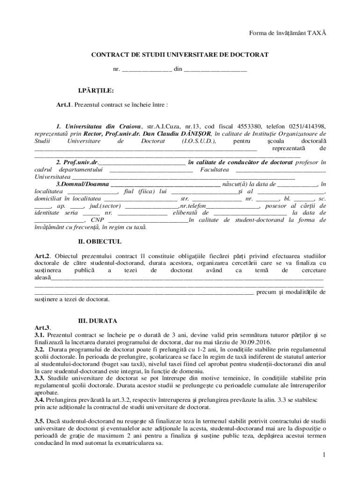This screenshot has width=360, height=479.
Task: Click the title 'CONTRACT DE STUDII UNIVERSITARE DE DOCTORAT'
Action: [x=180, y=55]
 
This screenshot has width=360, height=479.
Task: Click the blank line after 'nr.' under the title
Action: [x=147, y=70]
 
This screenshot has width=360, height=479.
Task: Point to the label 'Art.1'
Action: [x=64, y=105]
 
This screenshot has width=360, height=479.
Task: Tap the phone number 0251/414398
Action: [x=307, y=126]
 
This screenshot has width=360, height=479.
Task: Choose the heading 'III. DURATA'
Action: [x=97, y=321]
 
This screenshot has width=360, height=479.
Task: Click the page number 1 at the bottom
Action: [x=323, y=455]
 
